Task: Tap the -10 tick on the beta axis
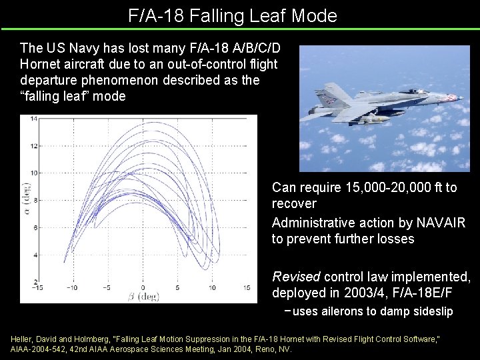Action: tap(71, 288)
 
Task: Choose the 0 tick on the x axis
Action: tap(142, 288)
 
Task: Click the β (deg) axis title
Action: tap(142, 297)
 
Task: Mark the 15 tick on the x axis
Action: tap(246, 288)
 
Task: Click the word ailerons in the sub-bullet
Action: tap(341, 312)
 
